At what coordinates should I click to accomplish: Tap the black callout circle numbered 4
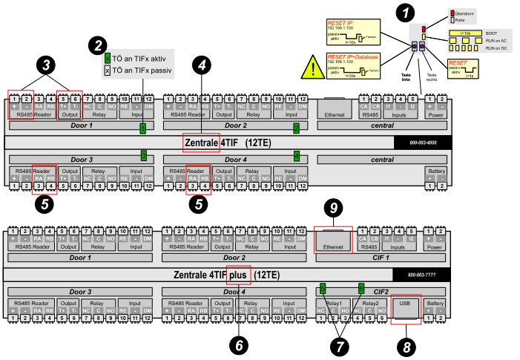click(x=200, y=65)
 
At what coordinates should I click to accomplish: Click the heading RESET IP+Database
click(x=352, y=56)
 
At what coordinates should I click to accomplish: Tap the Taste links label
click(x=407, y=73)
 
